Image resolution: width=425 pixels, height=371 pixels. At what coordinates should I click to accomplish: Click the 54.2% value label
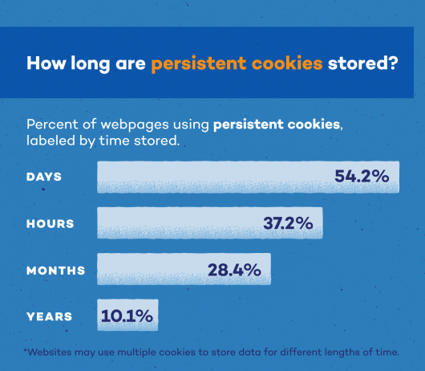362,177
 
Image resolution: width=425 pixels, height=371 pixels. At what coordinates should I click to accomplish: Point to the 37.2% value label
288,223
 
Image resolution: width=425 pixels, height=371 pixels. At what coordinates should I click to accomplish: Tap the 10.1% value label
127,316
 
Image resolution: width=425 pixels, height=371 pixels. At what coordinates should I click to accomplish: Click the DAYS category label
44,177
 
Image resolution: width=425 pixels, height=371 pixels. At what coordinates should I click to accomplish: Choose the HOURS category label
50,224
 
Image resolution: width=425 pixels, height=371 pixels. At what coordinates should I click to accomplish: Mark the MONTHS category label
55,271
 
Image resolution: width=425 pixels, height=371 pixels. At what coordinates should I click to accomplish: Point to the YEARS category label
48,316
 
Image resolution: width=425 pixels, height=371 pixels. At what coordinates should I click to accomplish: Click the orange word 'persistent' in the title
196,63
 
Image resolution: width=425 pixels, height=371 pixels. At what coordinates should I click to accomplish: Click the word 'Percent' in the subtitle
51,125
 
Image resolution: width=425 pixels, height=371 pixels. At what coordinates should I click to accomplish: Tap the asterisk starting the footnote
26,350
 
